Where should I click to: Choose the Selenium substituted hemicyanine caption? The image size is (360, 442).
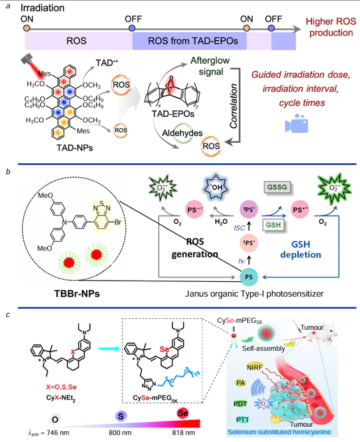point(288,434)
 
